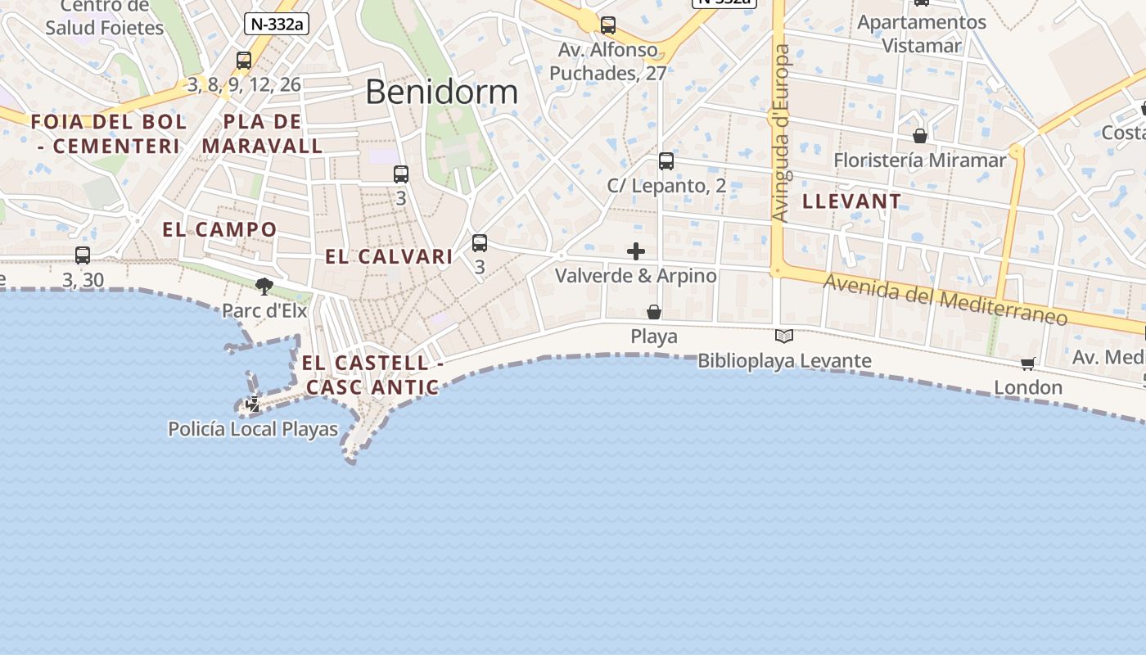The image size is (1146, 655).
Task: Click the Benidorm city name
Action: (441, 92)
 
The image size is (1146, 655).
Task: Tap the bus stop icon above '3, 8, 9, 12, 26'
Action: (244, 60)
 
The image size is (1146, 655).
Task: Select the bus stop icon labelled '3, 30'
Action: (83, 255)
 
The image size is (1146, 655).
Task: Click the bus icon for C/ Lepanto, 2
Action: (666, 161)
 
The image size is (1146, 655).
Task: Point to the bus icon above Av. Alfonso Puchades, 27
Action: (607, 25)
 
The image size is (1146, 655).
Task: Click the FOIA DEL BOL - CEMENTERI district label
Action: (109, 134)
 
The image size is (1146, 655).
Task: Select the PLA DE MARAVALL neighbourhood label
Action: (263, 134)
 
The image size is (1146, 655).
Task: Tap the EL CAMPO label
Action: (219, 229)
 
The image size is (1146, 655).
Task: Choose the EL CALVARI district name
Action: (389, 257)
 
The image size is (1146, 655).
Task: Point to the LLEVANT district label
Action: (851, 201)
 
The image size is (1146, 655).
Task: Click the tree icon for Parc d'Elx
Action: (264, 286)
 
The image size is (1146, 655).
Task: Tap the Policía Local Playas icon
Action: (254, 404)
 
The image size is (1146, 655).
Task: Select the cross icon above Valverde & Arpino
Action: (636, 251)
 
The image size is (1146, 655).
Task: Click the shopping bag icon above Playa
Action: (654, 312)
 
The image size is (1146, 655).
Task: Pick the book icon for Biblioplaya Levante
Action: (784, 336)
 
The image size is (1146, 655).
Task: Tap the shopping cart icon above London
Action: (1028, 364)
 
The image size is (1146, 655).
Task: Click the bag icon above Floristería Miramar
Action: (920, 136)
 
